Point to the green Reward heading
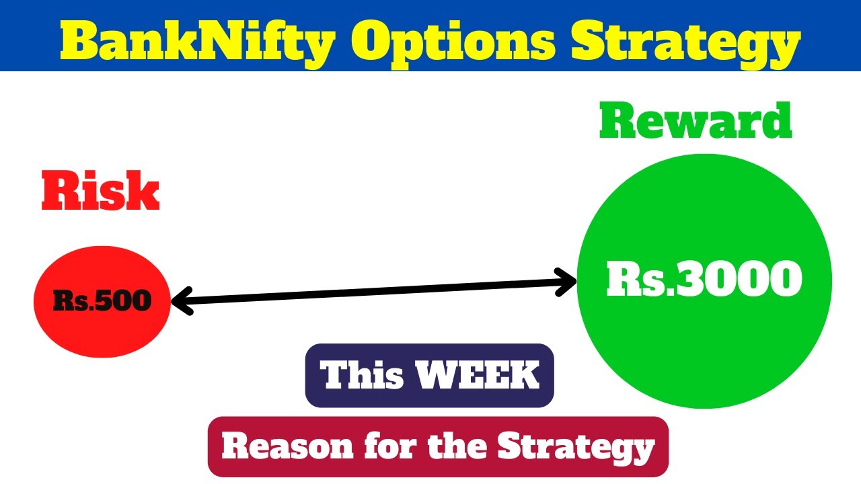tap(696, 121)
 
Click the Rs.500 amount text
tap(102, 301)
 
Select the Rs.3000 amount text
tap(704, 279)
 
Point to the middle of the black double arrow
tap(373, 292)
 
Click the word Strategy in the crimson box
tap(576, 446)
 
